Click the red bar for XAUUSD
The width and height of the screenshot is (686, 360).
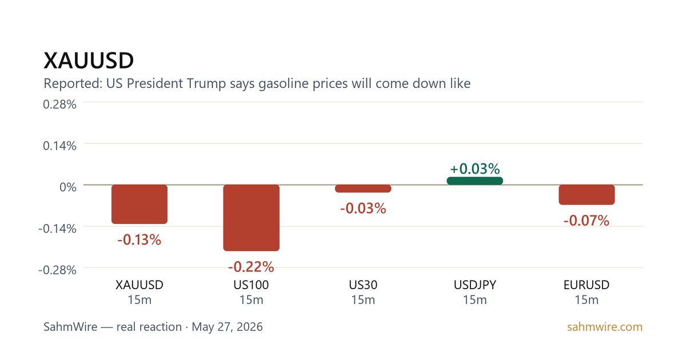pyautogui.click(x=139, y=204)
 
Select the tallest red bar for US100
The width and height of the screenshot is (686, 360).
pyautogui.click(x=251, y=218)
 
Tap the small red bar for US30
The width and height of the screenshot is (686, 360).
pyautogui.click(x=363, y=189)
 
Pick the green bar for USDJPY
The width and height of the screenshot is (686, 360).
pyautogui.click(x=474, y=181)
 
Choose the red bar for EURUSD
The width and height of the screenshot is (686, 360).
pyautogui.click(x=587, y=195)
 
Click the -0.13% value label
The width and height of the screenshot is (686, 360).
pyautogui.click(x=139, y=239)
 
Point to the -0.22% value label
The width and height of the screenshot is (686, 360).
pyautogui.click(x=251, y=267)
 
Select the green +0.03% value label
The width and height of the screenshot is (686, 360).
pyautogui.click(x=474, y=169)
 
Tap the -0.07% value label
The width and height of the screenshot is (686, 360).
pyautogui.click(x=587, y=221)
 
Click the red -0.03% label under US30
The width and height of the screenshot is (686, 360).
pyautogui.click(x=363, y=208)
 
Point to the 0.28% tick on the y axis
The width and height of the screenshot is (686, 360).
pyautogui.click(x=59, y=105)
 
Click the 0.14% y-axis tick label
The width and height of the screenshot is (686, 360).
pyautogui.click(x=59, y=146)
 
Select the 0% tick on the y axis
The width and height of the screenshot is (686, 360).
pyautogui.click(x=68, y=187)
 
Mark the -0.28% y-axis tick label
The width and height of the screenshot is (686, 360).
pyautogui.click(x=57, y=270)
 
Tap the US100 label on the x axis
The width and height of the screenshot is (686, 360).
pyautogui.click(x=251, y=285)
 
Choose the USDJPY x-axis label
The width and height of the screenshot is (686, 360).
pyautogui.click(x=474, y=285)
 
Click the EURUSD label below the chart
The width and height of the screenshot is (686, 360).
pyautogui.click(x=587, y=285)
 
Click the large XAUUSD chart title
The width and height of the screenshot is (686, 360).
pyautogui.click(x=89, y=61)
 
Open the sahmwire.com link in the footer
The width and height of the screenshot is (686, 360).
pyautogui.click(x=605, y=327)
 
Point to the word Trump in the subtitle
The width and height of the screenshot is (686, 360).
pyautogui.click(x=206, y=83)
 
